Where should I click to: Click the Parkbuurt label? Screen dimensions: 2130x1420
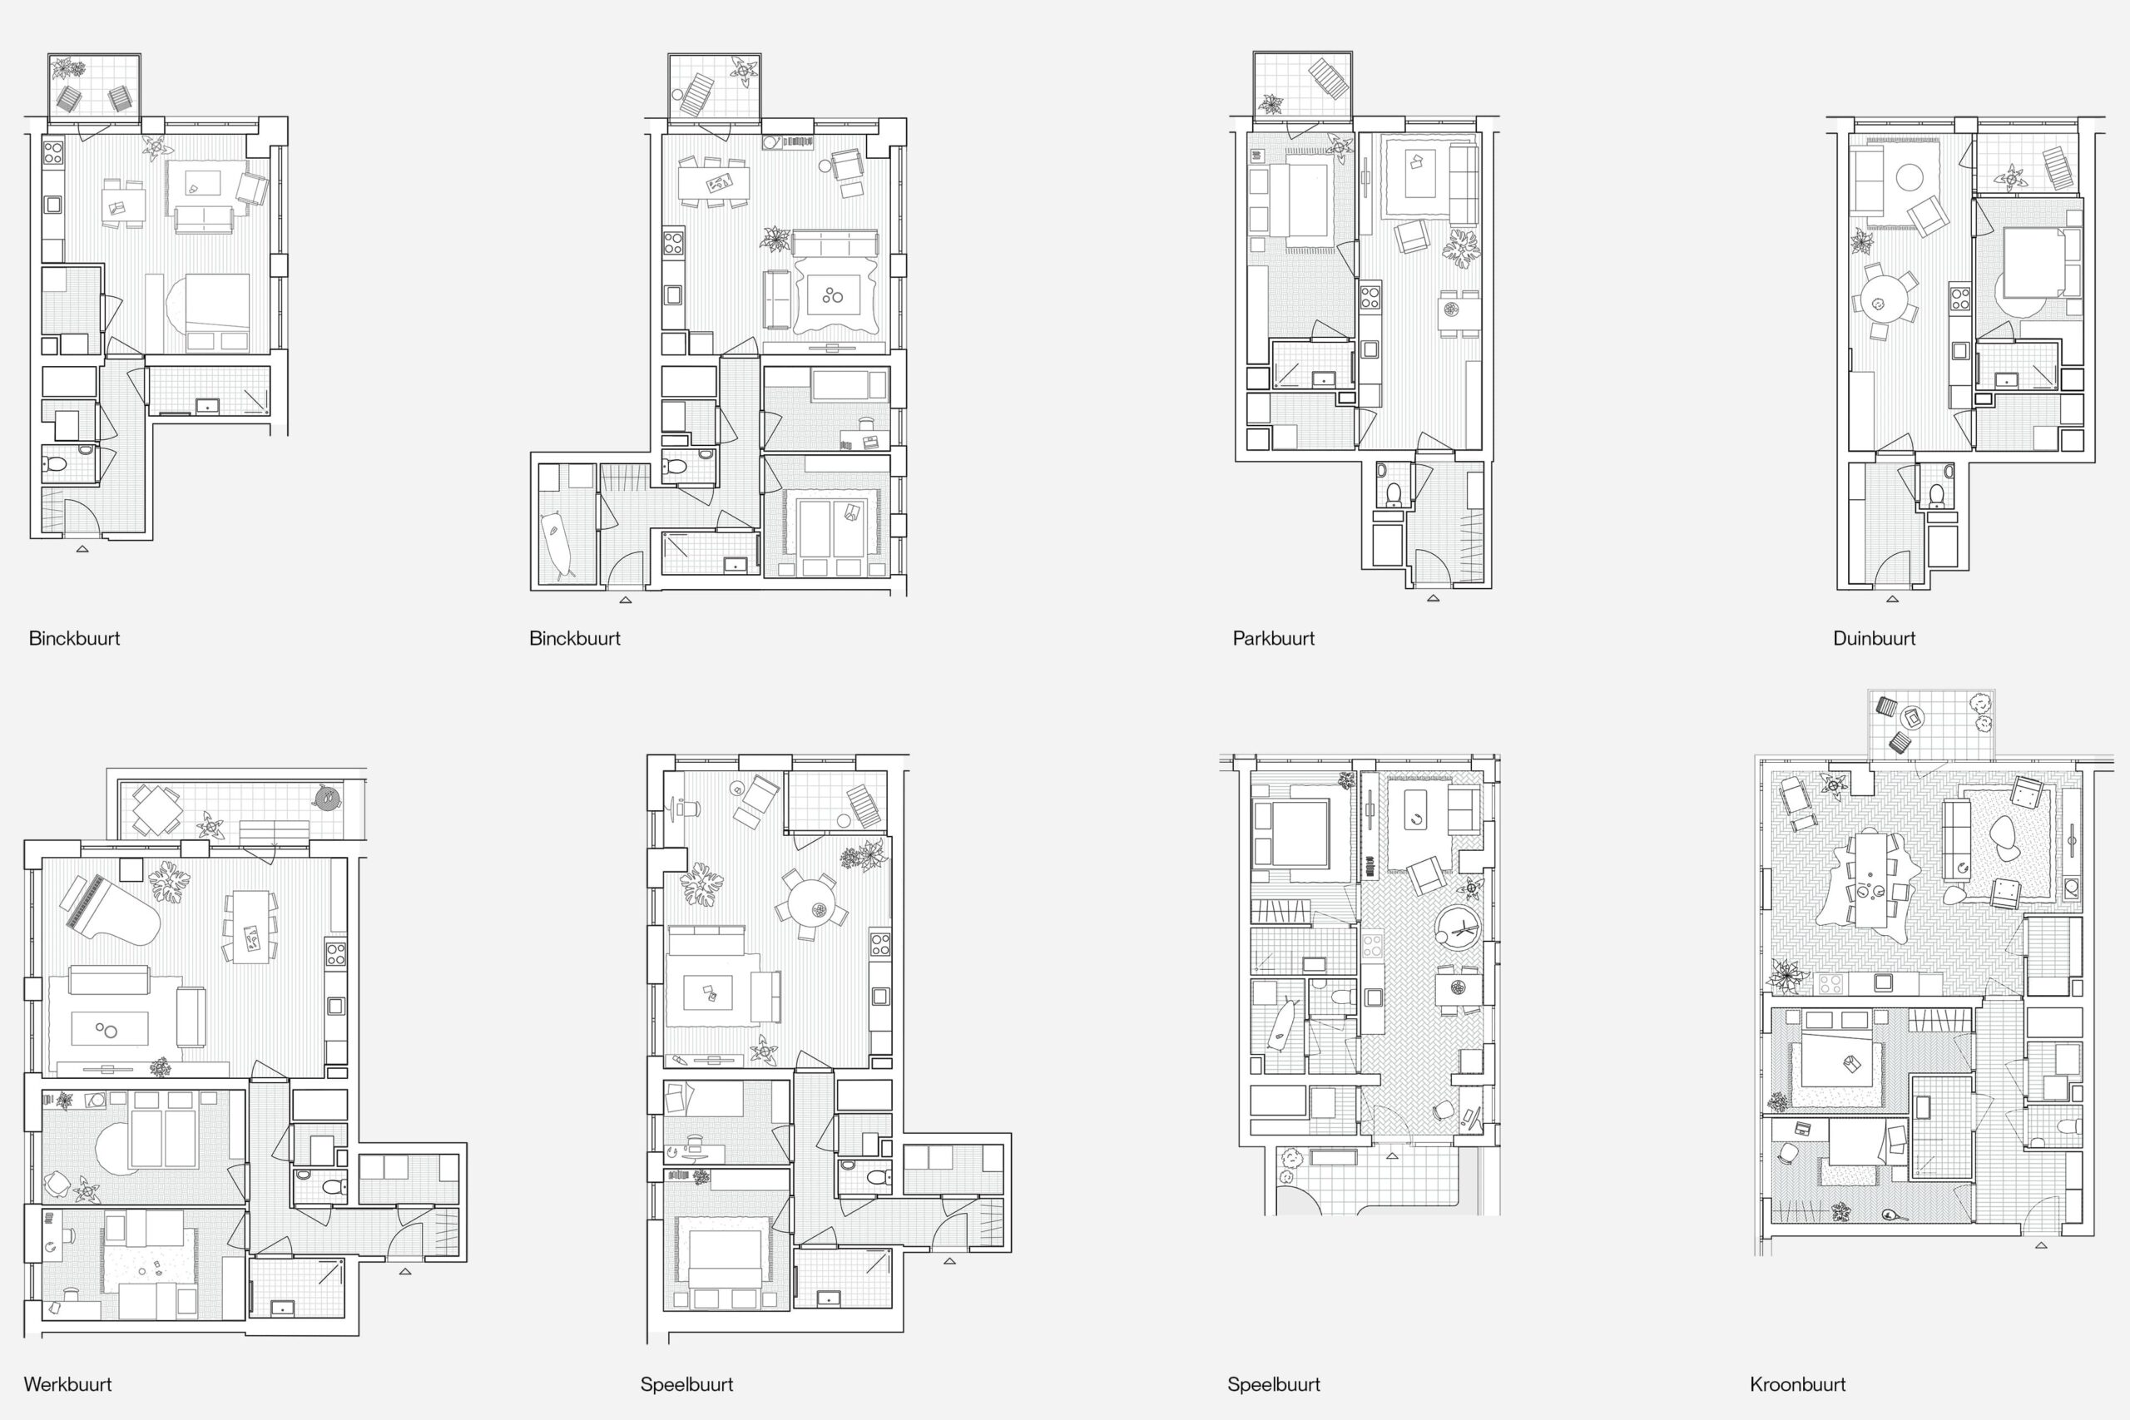pos(1273,638)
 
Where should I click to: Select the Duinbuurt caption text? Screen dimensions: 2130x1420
pos(1874,638)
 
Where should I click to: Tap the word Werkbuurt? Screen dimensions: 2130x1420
pos(68,1385)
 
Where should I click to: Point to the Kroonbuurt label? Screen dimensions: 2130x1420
pos(1798,1385)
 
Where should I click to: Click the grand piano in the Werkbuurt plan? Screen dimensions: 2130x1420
pos(110,910)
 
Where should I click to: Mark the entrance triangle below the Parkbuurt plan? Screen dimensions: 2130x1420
pos(1433,598)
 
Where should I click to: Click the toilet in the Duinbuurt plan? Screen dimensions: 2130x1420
pos(1935,494)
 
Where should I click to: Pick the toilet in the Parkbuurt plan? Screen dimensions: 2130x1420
pos(1394,493)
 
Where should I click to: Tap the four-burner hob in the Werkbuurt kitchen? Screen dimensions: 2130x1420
pos(336,953)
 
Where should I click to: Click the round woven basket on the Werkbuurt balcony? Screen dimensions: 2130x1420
pos(326,797)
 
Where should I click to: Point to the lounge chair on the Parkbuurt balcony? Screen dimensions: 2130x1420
pos(1329,78)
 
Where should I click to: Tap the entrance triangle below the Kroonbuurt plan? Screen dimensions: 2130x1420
pos(2041,1245)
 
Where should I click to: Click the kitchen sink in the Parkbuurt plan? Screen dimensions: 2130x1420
pos(1370,349)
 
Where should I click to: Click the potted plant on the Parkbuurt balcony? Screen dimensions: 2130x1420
pos(1270,104)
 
